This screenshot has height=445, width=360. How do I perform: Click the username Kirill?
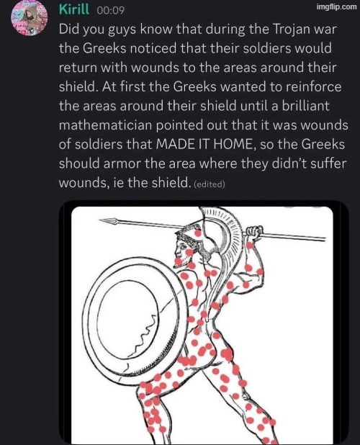(x=74, y=9)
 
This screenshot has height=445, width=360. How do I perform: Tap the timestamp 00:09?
(x=110, y=11)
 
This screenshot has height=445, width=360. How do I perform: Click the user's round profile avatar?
(x=30, y=17)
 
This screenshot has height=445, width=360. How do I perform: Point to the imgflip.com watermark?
(x=336, y=6)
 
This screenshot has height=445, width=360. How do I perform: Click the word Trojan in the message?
(x=290, y=30)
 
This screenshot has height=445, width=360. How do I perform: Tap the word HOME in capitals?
(x=232, y=144)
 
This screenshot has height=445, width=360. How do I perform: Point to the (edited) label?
(x=210, y=184)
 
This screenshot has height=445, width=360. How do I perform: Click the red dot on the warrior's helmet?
(x=198, y=233)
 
